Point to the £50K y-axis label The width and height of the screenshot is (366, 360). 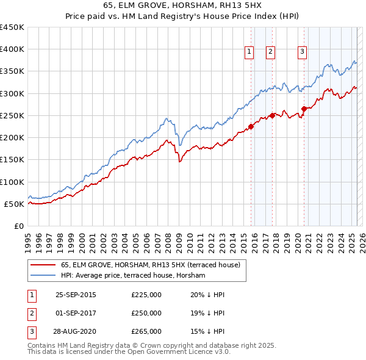pos(14,204)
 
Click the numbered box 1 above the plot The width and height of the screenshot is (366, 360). pos(249,52)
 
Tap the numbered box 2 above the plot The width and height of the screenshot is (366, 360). pos(270,52)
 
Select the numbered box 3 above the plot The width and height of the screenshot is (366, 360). pos(302,52)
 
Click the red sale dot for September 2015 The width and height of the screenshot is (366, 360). pos(251,127)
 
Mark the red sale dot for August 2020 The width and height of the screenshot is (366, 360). pos(304,109)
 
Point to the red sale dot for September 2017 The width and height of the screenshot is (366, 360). pos(272,115)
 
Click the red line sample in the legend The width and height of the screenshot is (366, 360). pos(43,265)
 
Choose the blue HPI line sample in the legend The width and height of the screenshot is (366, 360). pos(43,276)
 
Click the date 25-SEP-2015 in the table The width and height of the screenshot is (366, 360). pos(76,295)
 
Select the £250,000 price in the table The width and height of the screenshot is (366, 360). pos(146,313)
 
